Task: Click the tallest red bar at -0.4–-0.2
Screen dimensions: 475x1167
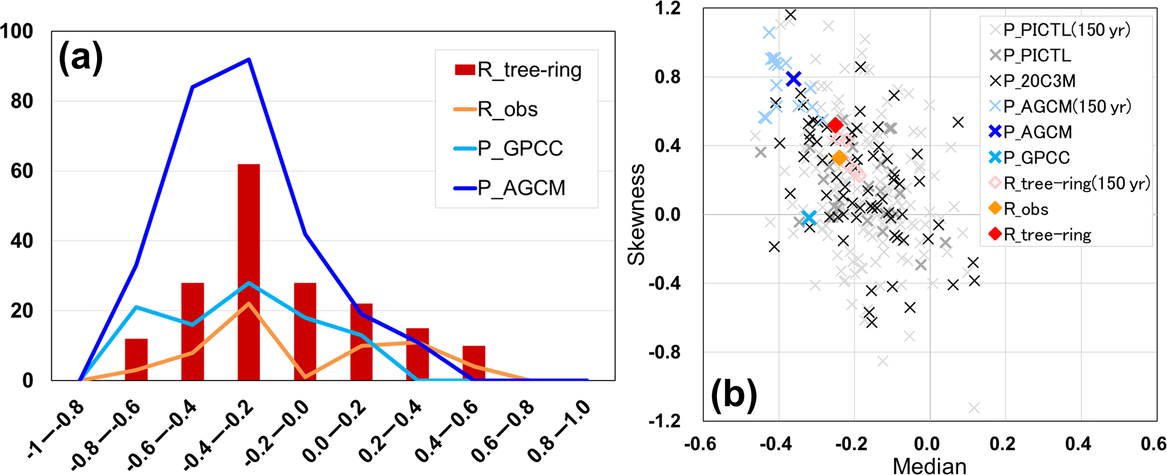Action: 248,271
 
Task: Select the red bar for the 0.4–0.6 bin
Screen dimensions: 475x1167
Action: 474,363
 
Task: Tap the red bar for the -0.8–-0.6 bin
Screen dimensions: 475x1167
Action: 136,359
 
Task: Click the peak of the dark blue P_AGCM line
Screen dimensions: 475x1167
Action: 248,59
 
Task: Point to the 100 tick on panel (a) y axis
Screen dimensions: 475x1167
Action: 17,31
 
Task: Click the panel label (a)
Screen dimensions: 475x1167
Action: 81,57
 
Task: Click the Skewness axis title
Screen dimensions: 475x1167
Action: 636,214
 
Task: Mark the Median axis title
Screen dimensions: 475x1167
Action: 929,466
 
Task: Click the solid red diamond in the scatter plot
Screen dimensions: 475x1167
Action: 836,125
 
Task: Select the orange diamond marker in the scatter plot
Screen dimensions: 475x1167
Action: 840,158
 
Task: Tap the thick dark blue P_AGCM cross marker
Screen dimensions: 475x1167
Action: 793,79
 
